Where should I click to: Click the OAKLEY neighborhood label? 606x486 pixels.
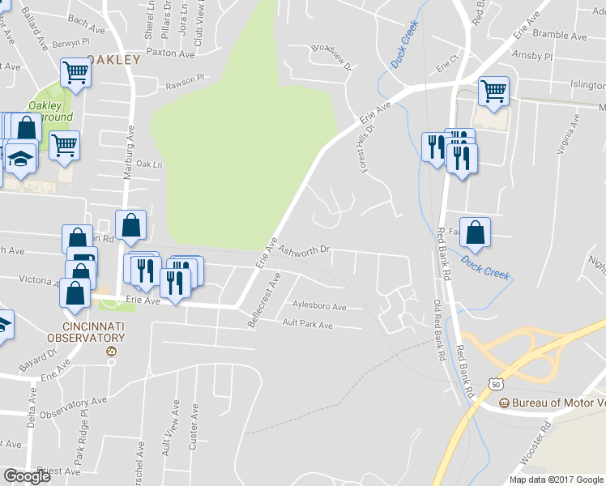coord(113,59)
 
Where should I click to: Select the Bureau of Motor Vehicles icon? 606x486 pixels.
coord(503,403)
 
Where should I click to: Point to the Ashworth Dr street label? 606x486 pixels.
coord(304,251)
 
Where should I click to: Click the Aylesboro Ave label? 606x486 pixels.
coord(320,307)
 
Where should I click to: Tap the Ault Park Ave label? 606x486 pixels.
coord(307,325)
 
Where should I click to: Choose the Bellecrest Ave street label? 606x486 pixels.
coord(265,301)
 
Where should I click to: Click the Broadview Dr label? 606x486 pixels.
coord(331,57)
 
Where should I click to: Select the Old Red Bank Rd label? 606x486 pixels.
coord(438,330)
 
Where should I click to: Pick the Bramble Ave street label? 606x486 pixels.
coord(561,36)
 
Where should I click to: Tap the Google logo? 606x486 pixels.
coord(27,475)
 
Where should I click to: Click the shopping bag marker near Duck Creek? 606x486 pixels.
coord(475,232)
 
